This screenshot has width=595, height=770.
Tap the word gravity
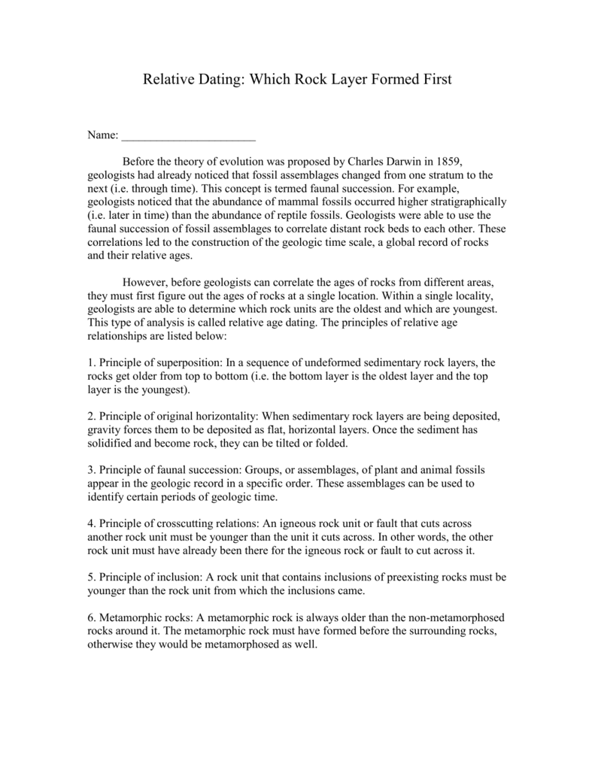pos(104,429)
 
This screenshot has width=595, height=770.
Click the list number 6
pos(91,617)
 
